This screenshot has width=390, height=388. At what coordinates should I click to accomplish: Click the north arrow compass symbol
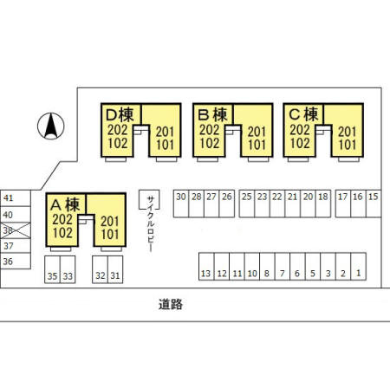[51, 126]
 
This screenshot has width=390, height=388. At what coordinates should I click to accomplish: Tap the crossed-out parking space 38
[16, 230]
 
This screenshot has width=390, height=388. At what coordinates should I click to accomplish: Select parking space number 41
[16, 198]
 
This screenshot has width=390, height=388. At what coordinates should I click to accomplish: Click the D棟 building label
[120, 114]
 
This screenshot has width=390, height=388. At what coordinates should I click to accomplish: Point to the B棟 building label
[212, 114]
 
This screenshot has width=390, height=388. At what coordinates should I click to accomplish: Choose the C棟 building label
[303, 114]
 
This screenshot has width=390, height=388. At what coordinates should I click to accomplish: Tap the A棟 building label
[65, 204]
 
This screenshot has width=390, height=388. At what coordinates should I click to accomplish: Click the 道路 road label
[171, 304]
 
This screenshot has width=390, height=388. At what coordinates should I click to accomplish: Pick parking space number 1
[359, 267]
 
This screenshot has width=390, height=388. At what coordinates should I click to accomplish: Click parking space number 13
[206, 267]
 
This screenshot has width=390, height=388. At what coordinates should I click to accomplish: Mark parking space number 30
[181, 204]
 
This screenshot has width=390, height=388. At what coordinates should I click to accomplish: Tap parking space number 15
[374, 204]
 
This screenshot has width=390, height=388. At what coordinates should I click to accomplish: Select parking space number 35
[52, 269]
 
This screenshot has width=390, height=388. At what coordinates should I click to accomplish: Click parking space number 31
[115, 269]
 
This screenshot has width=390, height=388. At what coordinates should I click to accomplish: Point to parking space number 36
[16, 262]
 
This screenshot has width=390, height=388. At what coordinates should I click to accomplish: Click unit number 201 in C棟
[347, 132]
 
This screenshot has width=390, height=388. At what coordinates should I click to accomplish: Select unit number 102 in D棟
[118, 143]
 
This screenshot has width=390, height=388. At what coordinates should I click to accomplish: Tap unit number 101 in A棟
[110, 234]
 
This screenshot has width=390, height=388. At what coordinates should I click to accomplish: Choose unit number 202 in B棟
[210, 130]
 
